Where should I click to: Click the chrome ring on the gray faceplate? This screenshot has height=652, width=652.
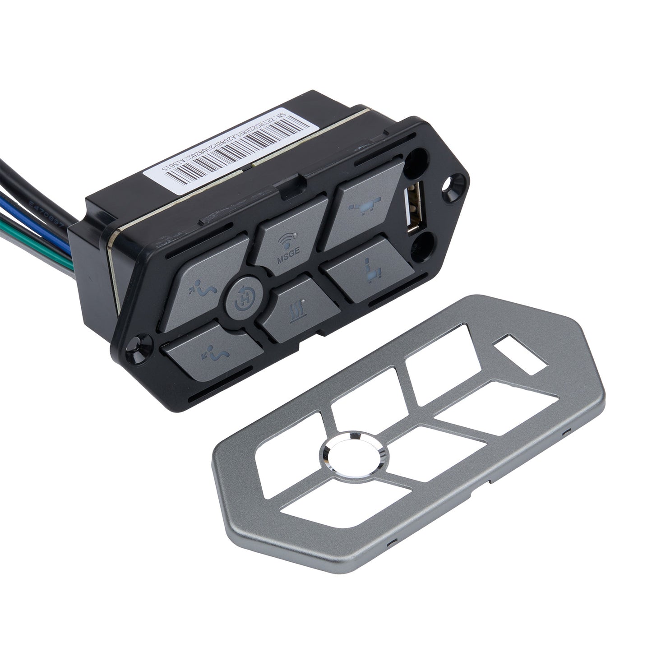coord(354,456)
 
